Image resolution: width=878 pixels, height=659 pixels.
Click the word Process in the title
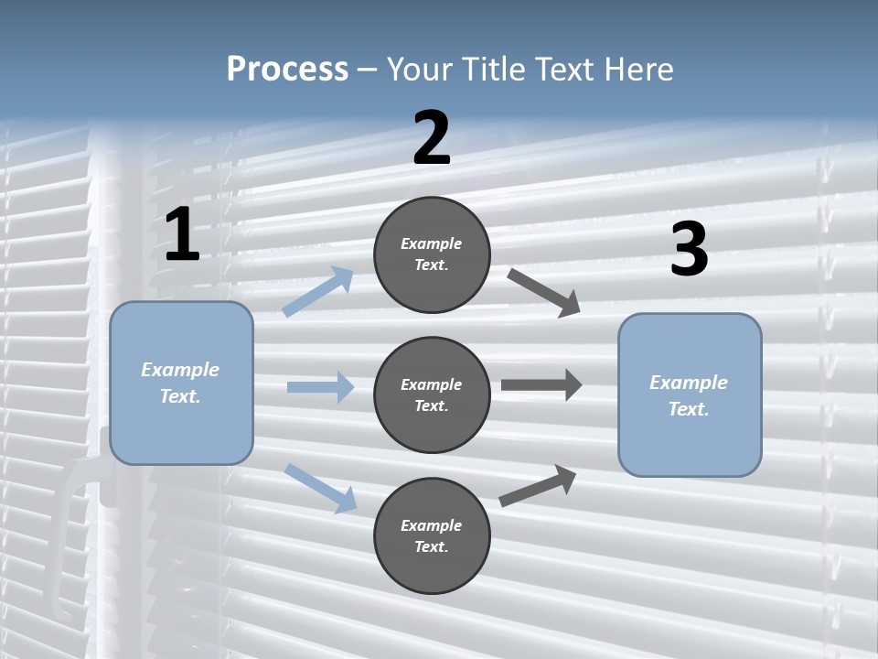[287, 69]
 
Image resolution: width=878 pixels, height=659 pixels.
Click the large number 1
[182, 235]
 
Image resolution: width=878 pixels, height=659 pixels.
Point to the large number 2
[432, 138]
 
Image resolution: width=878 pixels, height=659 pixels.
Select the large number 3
[689, 250]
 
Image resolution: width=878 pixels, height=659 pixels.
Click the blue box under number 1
[181, 383]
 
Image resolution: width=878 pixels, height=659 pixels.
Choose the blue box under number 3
[690, 394]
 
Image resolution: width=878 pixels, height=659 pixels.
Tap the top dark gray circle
[432, 254]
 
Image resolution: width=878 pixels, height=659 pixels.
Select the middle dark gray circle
[432, 394]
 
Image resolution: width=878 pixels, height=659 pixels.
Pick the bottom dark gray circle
[432, 535]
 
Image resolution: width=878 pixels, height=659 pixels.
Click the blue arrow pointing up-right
[318, 291]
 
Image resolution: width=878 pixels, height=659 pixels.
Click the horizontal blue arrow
[320, 387]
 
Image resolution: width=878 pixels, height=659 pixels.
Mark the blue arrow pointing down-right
[321, 487]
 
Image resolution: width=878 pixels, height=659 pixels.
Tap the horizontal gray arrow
[541, 385]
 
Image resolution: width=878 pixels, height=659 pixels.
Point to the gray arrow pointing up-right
[538, 485]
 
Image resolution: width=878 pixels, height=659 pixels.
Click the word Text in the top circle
[432, 265]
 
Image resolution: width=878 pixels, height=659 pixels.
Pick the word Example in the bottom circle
[432, 525]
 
